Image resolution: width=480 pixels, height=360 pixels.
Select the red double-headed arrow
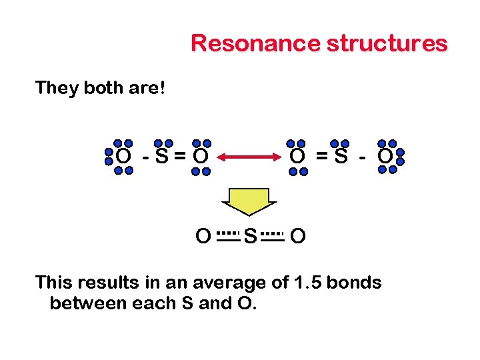tap(250, 157)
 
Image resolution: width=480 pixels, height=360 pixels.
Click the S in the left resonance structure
tap(161, 157)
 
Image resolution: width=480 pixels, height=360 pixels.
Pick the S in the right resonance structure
tap(341, 157)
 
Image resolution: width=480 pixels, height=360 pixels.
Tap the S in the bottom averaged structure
tap(250, 236)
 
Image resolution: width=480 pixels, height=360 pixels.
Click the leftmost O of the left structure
tap(123, 157)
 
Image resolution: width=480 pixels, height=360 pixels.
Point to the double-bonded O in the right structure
tap(297, 157)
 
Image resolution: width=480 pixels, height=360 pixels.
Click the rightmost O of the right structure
tap(385, 157)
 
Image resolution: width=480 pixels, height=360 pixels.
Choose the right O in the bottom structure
tap(299, 236)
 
